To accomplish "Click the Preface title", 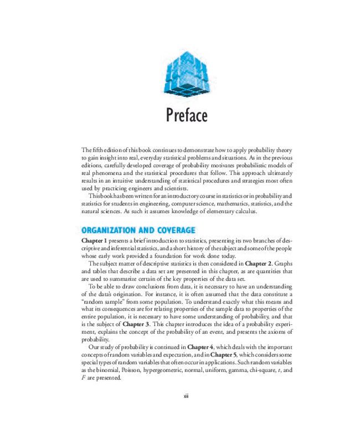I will click(187, 116).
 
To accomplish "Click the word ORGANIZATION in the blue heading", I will click(113, 230).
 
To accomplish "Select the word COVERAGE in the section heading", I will click(171, 230).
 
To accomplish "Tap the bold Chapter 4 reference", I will click(204, 348).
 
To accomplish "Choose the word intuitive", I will click(126, 180).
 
